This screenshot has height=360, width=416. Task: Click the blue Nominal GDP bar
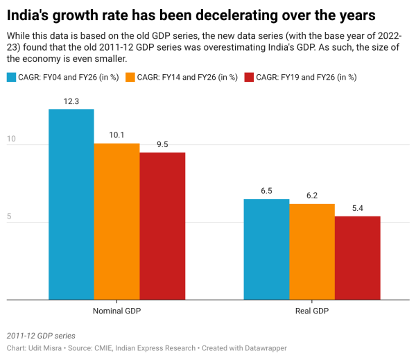coord(71,205)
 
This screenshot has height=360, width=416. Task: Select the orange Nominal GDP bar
coord(116,222)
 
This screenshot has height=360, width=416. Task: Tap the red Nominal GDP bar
coord(162,226)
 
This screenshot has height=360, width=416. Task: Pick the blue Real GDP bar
coord(266,250)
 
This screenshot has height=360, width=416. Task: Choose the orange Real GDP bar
coord(312,252)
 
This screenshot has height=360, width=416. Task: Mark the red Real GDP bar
coord(358,258)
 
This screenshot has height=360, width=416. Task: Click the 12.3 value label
coord(71,101)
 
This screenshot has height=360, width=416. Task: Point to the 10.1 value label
coord(116,135)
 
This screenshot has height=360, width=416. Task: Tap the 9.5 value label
coord(162,144)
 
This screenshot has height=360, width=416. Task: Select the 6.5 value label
coord(266,191)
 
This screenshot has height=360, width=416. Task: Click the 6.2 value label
coord(312,196)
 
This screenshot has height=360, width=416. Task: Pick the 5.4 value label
coord(358,208)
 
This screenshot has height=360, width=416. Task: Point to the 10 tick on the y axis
coord(11,140)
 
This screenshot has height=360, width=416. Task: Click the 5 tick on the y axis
coord(10,217)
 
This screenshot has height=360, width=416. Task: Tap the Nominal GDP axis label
coord(116,311)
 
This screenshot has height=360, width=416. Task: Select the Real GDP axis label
coord(312,311)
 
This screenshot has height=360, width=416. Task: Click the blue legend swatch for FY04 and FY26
coord(12,77)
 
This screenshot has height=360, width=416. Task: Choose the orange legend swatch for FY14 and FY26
coord(130,77)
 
